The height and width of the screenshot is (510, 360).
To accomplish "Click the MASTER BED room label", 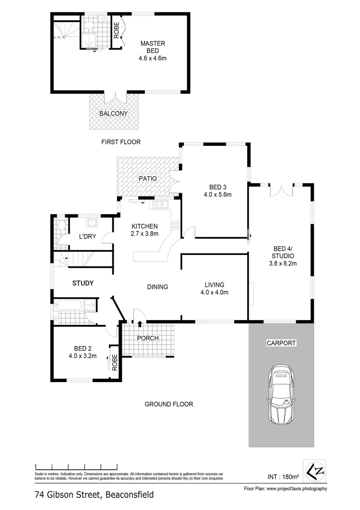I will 152,47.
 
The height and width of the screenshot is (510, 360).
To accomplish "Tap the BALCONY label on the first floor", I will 113,114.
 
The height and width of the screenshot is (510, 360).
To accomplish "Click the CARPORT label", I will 281,343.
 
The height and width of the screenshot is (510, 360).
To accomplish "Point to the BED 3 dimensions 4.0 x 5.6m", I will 218,194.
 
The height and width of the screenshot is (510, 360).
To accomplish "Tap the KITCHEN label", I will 144,226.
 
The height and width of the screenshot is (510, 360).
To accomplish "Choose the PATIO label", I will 147,178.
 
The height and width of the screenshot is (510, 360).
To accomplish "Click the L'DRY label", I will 87,237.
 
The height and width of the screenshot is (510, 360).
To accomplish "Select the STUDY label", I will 83,283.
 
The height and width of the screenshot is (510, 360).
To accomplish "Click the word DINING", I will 158,287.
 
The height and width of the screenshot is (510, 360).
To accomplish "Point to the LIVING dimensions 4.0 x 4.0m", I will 214,292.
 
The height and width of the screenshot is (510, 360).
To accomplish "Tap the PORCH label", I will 148,338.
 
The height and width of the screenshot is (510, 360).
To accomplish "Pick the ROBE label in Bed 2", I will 114,362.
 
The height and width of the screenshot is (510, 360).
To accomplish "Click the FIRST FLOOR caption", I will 121,142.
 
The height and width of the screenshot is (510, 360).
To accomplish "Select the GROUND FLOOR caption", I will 168,404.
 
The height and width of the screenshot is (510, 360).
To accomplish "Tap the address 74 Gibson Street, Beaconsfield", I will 94,495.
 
